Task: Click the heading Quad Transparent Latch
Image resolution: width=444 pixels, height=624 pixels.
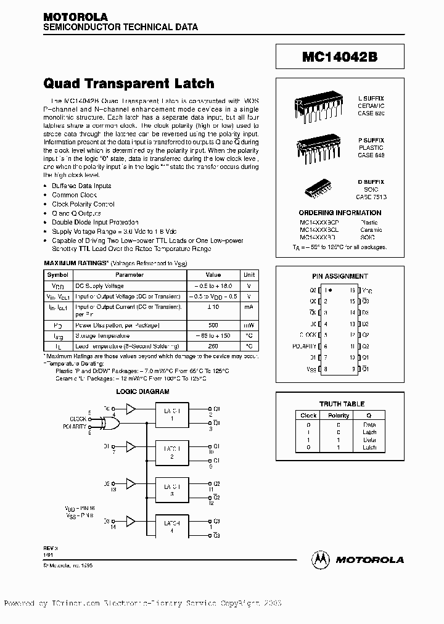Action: coord(129,83)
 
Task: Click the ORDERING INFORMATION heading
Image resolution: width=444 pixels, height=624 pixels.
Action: coord(342,212)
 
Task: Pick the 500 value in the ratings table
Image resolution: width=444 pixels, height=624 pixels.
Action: coord(213,325)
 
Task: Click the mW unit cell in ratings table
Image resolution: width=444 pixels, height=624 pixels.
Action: coord(249,325)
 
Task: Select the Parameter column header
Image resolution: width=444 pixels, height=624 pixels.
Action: coord(129,275)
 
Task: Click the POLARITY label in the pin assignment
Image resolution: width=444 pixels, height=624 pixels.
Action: coord(304,347)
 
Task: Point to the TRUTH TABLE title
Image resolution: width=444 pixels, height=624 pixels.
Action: coord(342,404)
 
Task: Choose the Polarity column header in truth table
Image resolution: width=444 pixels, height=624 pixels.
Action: coord(339,416)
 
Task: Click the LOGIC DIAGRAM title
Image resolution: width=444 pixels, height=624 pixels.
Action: coord(142,392)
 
